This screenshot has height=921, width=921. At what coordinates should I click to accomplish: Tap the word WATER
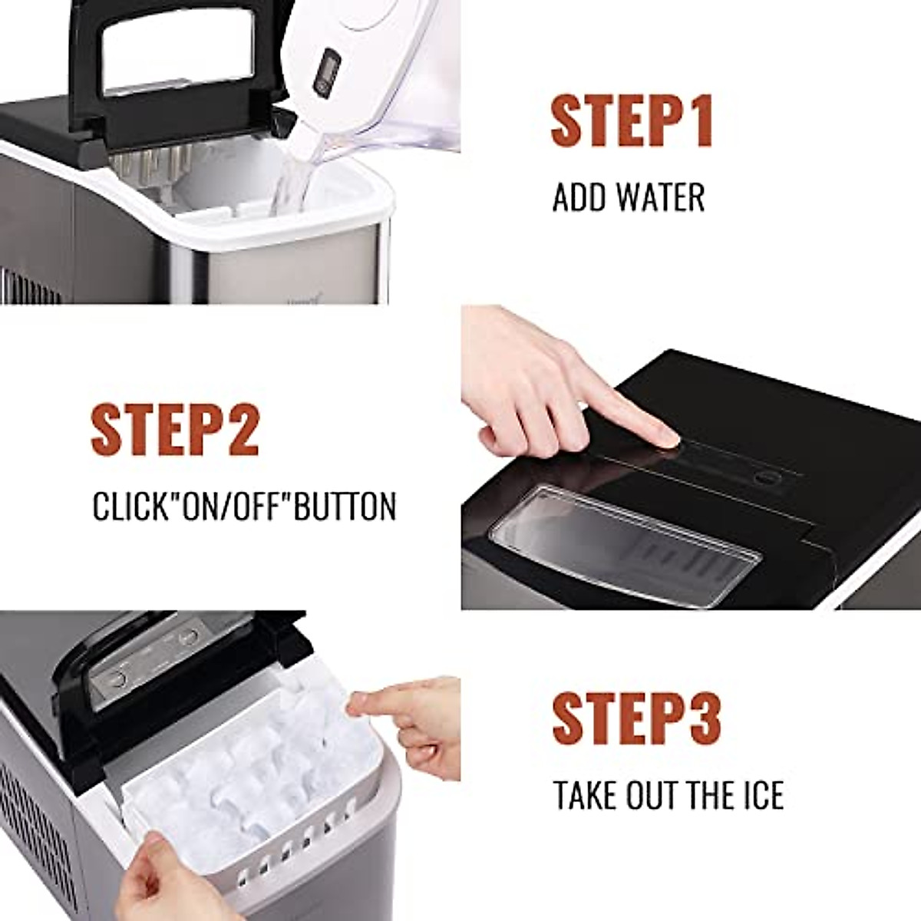pyautogui.click(x=659, y=197)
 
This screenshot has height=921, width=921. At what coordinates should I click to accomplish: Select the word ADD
pyautogui.click(x=577, y=197)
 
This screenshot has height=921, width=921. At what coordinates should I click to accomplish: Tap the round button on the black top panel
pyautogui.click(x=764, y=478)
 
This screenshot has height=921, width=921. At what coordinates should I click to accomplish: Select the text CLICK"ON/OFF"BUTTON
pyautogui.click(x=244, y=507)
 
